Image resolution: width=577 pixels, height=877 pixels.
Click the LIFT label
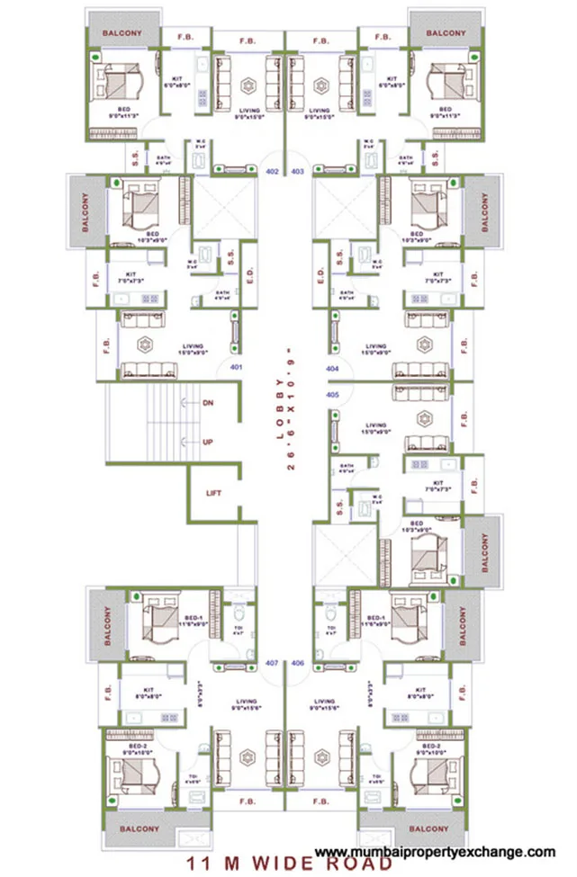pyautogui.click(x=213, y=493)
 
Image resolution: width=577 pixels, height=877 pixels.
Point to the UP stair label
pyautogui.click(x=208, y=442)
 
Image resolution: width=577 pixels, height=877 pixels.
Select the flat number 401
pyautogui.click(x=237, y=367)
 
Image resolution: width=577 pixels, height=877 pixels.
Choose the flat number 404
pyautogui.click(x=331, y=369)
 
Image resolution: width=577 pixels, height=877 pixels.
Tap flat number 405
pyautogui.click(x=331, y=395)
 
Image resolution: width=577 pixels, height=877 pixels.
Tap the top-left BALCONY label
pyautogui.click(x=122, y=33)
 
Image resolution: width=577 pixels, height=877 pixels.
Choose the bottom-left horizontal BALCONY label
pyautogui.click(x=138, y=828)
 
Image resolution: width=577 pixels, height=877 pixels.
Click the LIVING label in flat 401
pyautogui.click(x=193, y=346)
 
